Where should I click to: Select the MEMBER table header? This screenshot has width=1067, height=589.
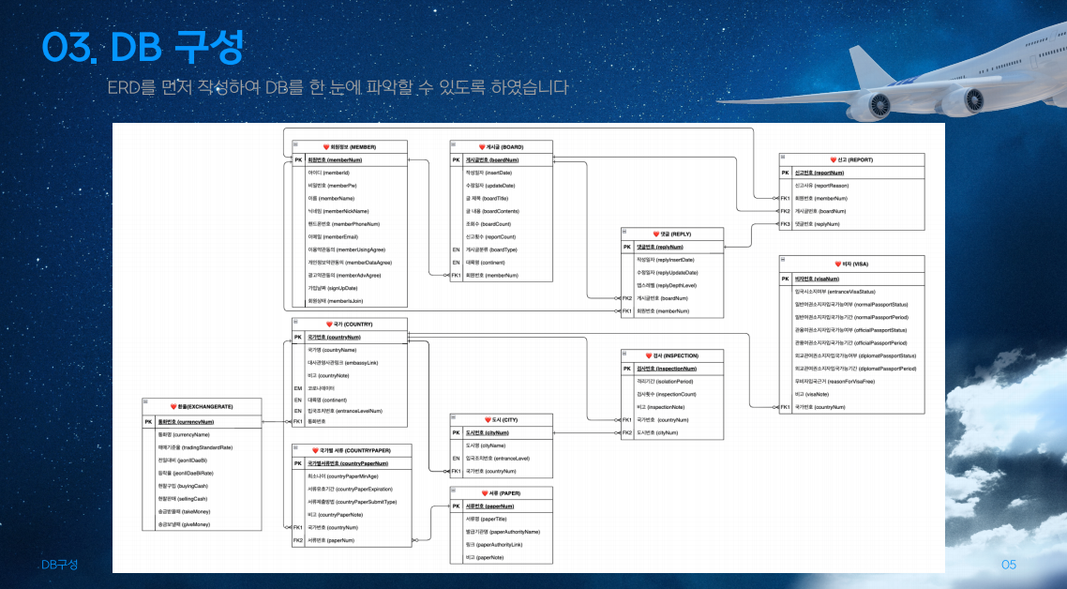click(x=350, y=147)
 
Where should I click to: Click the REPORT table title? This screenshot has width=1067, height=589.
click(x=851, y=160)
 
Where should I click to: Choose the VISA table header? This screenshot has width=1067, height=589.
click(x=851, y=265)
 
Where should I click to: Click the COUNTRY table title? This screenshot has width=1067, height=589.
click(x=349, y=324)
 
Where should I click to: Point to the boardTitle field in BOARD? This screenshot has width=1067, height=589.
click(x=488, y=199)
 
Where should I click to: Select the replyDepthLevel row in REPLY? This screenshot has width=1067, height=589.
click(x=667, y=284)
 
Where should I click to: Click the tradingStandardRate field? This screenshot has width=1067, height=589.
click(x=195, y=447)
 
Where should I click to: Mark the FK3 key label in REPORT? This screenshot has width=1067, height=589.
click(x=785, y=224)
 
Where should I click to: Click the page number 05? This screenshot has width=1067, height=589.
click(x=1008, y=565)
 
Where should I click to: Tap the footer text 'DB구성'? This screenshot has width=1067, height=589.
click(x=59, y=565)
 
